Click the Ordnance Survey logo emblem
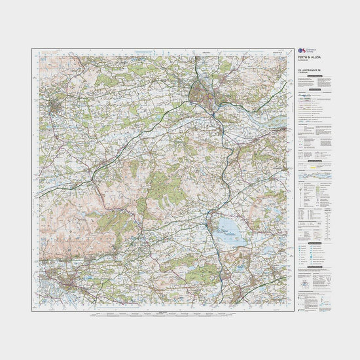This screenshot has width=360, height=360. pyautogui.click(x=300, y=50)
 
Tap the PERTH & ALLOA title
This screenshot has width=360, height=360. pyautogui.click(x=308, y=58)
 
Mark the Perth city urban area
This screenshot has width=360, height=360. pyautogui.click(x=203, y=94)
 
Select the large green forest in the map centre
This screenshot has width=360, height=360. pyautogui.click(x=157, y=190)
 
